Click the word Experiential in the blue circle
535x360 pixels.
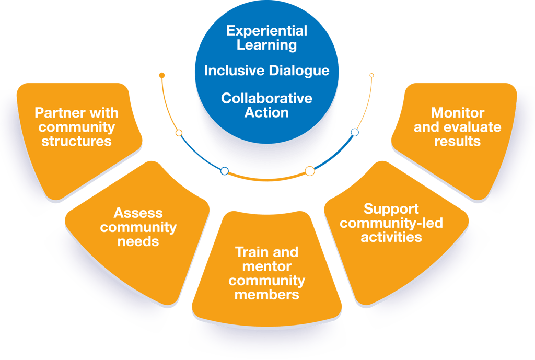(x=266, y=31)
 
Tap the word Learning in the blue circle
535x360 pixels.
(x=266, y=45)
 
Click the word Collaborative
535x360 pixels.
(x=266, y=98)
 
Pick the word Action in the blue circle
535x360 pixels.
(x=266, y=112)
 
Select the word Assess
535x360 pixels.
(x=138, y=213)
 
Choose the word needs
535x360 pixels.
(x=138, y=242)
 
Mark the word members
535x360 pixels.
(x=266, y=295)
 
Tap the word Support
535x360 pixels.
(x=391, y=209)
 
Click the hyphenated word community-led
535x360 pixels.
(x=391, y=223)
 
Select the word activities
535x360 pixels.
(x=391, y=237)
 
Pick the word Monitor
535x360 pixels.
(x=457, y=113)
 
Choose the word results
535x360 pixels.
(x=457, y=141)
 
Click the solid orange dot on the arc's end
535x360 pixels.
(x=162, y=76)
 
